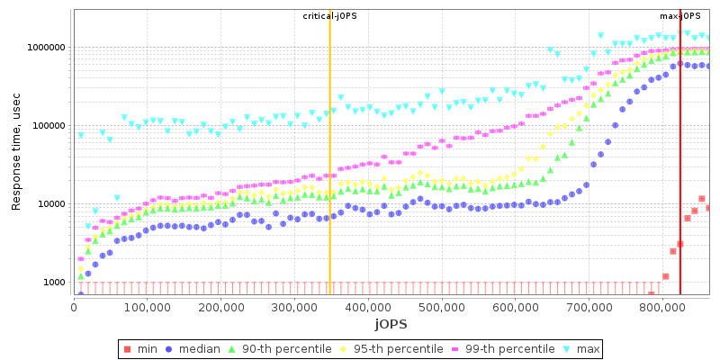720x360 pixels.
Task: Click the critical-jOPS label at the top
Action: click(x=329, y=16)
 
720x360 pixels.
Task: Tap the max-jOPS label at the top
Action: click(x=680, y=16)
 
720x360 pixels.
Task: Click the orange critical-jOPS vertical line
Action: click(x=330, y=180)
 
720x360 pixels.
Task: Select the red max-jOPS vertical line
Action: click(x=680, y=180)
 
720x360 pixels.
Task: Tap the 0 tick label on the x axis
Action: click(x=74, y=307)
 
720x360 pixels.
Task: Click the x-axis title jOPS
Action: click(x=391, y=323)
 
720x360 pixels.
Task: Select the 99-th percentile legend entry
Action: click(x=507, y=348)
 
